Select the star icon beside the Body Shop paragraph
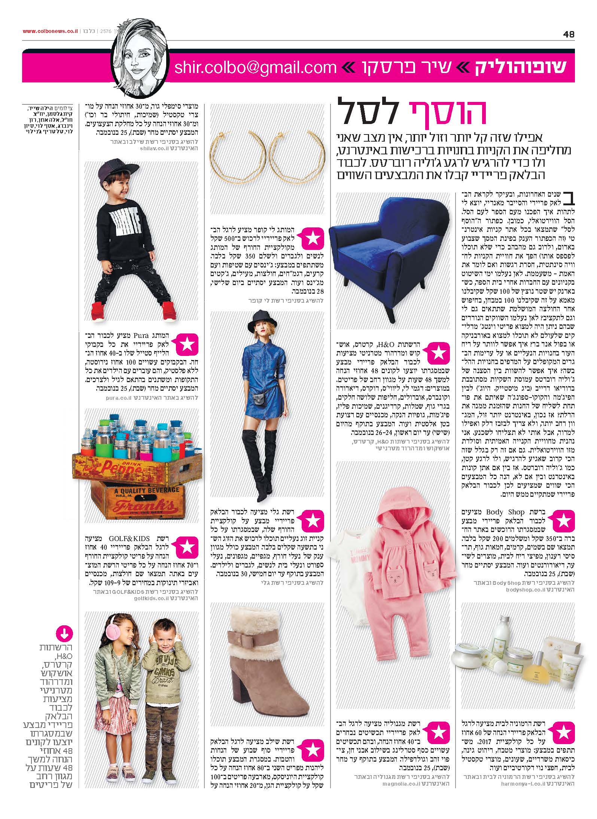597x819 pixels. click(563, 522)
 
